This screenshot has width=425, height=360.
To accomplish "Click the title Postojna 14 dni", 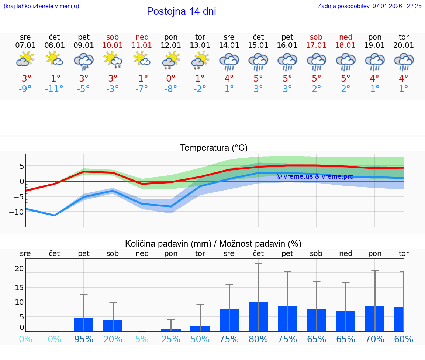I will [181, 11].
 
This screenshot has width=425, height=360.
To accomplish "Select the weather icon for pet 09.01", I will [84, 61].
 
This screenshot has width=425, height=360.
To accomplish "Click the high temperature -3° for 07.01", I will [25, 79].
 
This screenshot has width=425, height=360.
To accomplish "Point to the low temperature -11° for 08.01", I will [54, 89].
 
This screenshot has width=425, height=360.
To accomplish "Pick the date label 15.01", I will [258, 45].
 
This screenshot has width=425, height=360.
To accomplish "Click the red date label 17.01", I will [316, 45].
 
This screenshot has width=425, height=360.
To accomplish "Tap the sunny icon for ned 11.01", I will [142, 59].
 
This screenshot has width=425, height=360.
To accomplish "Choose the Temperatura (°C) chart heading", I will [214, 148].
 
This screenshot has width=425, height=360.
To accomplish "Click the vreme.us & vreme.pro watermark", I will [315, 176].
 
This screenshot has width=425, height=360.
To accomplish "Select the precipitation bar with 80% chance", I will [258, 316].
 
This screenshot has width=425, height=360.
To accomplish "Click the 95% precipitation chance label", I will [84, 339].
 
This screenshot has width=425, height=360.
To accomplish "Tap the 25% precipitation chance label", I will [171, 339].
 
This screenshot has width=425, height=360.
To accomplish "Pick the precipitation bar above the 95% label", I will [84, 324].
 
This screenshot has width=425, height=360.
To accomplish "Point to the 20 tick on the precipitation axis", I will [19, 269].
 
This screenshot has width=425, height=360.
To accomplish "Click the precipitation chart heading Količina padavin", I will [213, 244].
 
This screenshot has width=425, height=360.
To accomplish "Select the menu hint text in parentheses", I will [41, 6].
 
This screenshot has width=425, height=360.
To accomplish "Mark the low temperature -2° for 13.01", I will [200, 89].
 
